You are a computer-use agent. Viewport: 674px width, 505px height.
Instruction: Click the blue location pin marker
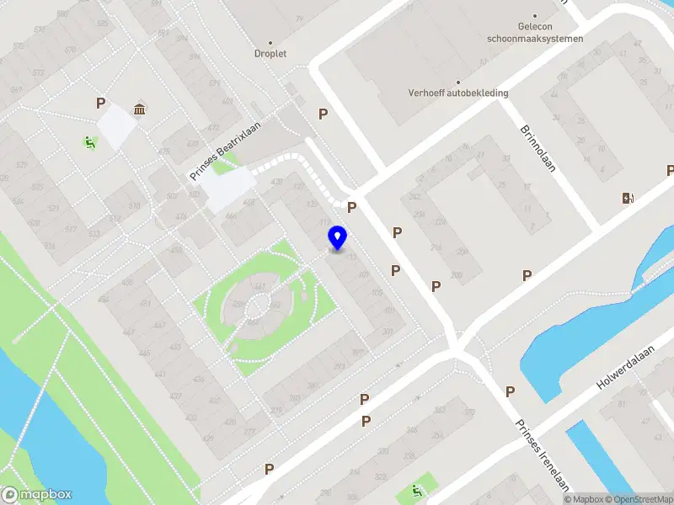(337, 238)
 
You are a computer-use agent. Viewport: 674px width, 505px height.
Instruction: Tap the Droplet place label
(270, 53)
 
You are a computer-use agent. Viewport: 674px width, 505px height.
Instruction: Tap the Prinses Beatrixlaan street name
(226, 151)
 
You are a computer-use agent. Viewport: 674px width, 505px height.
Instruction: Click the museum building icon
(139, 109)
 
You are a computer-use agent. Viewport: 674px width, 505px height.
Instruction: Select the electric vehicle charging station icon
(627, 198)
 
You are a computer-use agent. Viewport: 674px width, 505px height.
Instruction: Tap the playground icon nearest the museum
(89, 142)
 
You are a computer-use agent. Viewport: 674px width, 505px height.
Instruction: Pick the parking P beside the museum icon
(100, 104)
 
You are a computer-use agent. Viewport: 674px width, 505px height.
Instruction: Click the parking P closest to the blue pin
(352, 207)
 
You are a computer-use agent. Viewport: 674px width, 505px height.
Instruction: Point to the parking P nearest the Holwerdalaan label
(510, 391)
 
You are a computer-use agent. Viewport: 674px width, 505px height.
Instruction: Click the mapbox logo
(37, 495)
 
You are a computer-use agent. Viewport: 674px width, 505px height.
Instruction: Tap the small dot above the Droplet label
(270, 41)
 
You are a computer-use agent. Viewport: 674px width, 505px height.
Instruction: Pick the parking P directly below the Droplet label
(322, 114)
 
